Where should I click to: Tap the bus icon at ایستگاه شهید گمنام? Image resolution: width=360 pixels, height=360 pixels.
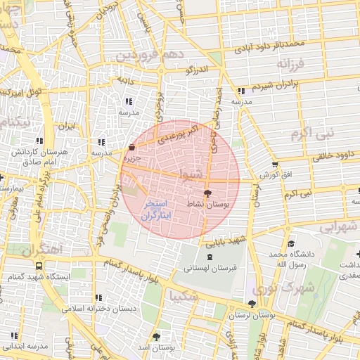(x=38, y=266)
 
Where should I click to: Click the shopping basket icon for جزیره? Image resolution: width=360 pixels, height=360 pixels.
(x=132, y=148)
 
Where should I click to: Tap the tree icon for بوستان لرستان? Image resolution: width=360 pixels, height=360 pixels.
(x=252, y=304)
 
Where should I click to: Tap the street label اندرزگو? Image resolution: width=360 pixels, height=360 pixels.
(x=198, y=71)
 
